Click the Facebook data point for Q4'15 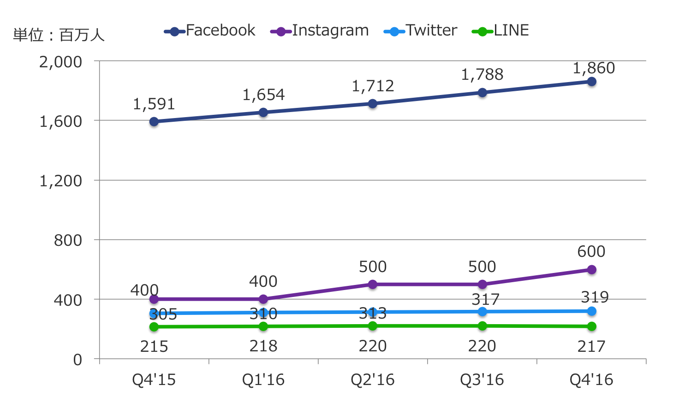click(x=154, y=122)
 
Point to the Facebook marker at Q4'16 click(x=591, y=82)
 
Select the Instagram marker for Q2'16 click(x=373, y=284)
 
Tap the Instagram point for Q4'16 click(x=591, y=270)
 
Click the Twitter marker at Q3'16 click(x=482, y=312)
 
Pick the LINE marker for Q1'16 click(x=263, y=326)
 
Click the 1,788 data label click(x=482, y=75)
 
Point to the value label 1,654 click(x=263, y=95)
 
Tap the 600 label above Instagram click(x=591, y=252)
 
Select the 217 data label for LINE click(x=591, y=346)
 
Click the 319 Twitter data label click(x=595, y=297)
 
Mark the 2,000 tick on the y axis click(x=60, y=62)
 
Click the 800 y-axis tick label click(x=68, y=240)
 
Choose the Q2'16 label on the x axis click(x=373, y=380)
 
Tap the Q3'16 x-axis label click(x=482, y=380)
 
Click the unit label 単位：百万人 click(x=59, y=35)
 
